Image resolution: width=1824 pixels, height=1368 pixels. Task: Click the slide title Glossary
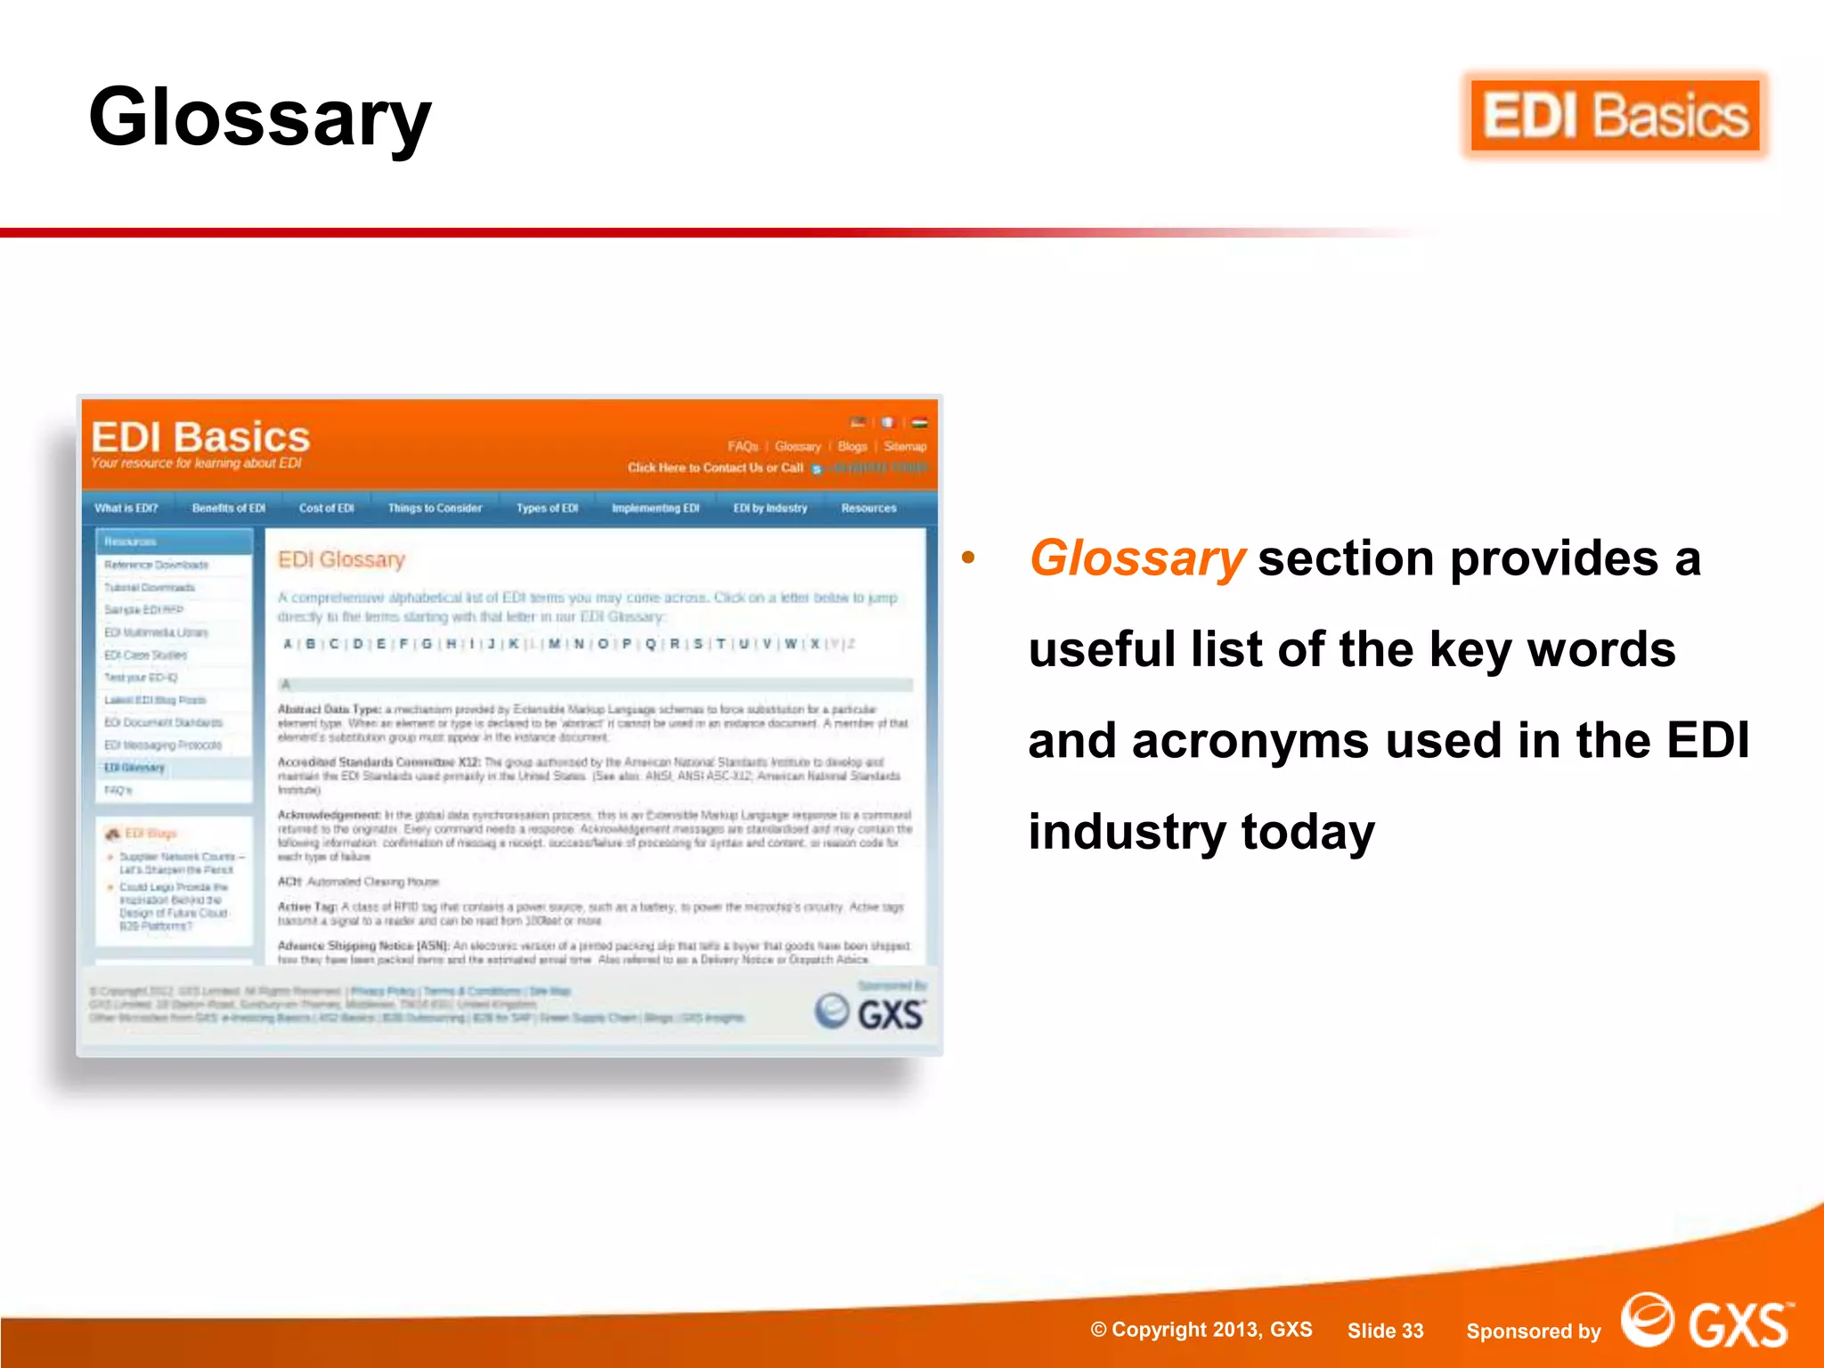click(x=260, y=118)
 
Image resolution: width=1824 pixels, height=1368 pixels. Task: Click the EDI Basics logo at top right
click(x=1615, y=117)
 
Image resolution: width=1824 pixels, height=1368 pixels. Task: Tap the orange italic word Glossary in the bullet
click(x=1136, y=559)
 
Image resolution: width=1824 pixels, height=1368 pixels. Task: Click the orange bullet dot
click(x=968, y=558)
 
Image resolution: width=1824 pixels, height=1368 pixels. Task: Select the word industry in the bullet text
click(x=1127, y=833)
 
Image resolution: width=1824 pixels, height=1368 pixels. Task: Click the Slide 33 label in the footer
click(x=1385, y=1331)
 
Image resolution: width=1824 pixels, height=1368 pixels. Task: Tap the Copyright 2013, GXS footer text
click(x=1201, y=1330)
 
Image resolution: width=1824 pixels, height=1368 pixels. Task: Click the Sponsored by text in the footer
click(x=1533, y=1331)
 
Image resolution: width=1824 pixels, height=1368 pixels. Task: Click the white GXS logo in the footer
click(x=1706, y=1323)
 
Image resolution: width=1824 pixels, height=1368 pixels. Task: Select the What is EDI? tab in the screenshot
click(x=126, y=509)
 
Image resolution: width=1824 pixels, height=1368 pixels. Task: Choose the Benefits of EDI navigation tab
click(x=229, y=509)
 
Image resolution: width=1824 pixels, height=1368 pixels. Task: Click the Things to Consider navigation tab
click(x=435, y=509)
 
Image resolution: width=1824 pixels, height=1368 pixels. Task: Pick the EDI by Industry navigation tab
click(x=770, y=509)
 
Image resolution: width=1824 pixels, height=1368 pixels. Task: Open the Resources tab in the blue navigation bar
click(x=868, y=509)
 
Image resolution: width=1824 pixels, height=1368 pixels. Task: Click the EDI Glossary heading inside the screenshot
click(x=341, y=559)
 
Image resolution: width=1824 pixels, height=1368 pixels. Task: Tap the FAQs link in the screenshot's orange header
click(x=743, y=447)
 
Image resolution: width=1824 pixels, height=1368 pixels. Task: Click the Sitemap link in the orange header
click(x=905, y=447)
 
